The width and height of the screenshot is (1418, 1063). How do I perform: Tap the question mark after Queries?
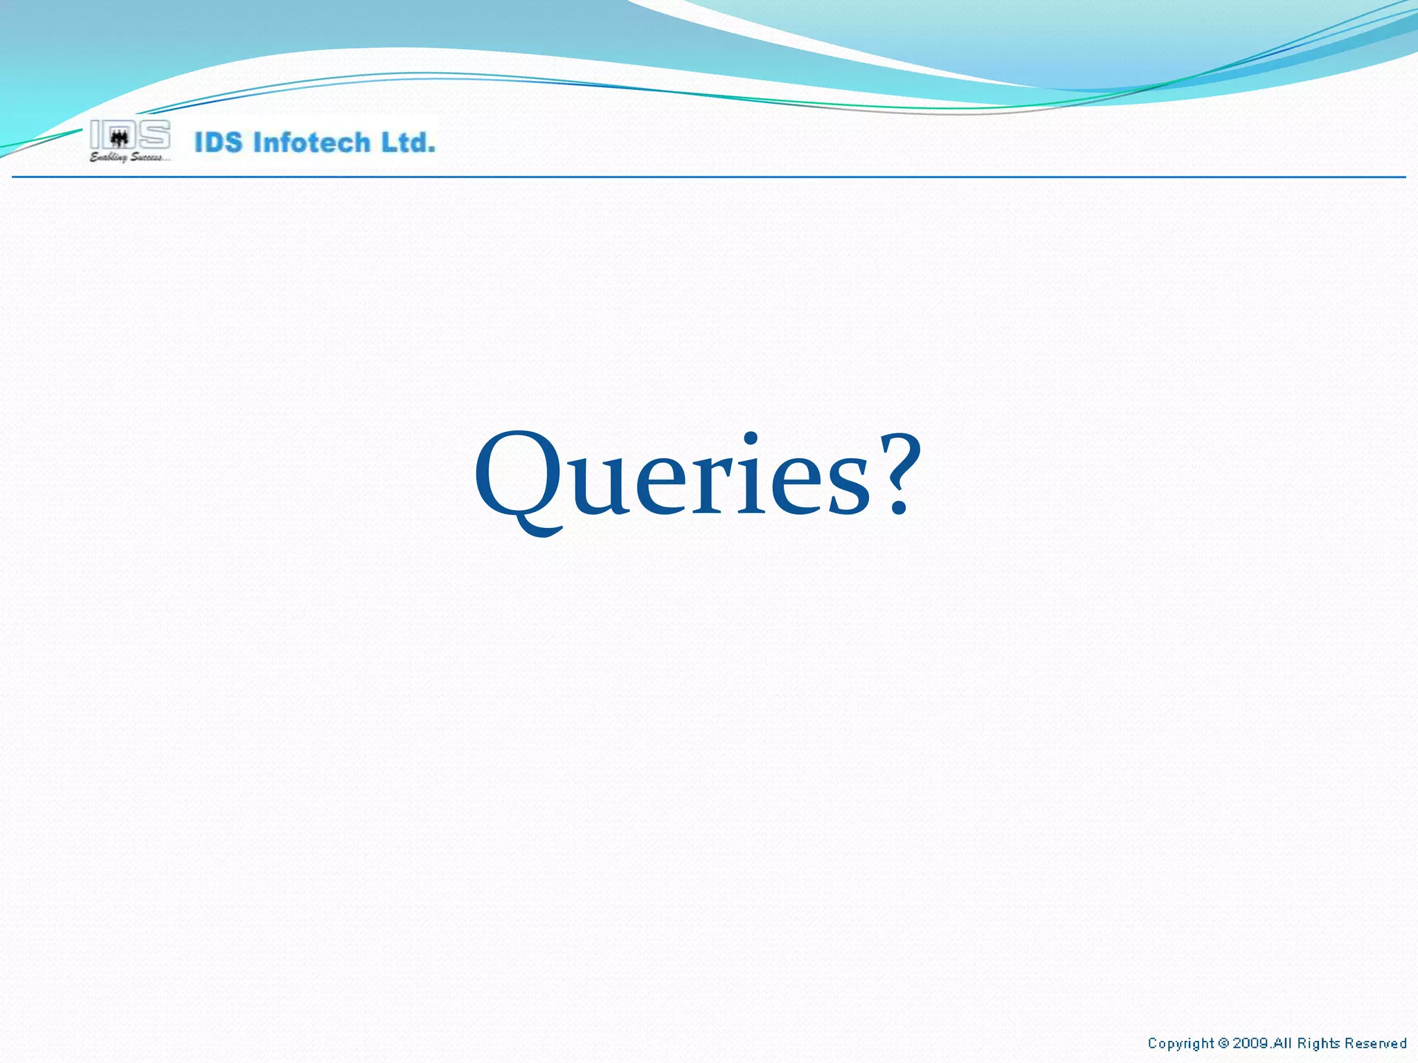[x=897, y=475]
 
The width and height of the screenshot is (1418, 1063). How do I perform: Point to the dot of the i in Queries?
[x=751, y=438]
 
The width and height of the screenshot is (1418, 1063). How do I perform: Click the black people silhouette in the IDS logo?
[x=120, y=138]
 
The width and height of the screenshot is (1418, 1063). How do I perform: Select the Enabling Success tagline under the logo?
[x=129, y=158]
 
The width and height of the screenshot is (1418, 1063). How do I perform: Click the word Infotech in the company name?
[x=312, y=143]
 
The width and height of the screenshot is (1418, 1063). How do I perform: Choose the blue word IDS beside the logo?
[x=219, y=143]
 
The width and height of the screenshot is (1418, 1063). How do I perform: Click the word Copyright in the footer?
[x=1181, y=1043]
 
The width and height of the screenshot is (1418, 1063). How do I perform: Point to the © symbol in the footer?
[x=1223, y=1043]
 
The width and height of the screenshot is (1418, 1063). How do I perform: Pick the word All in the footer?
[x=1282, y=1043]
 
